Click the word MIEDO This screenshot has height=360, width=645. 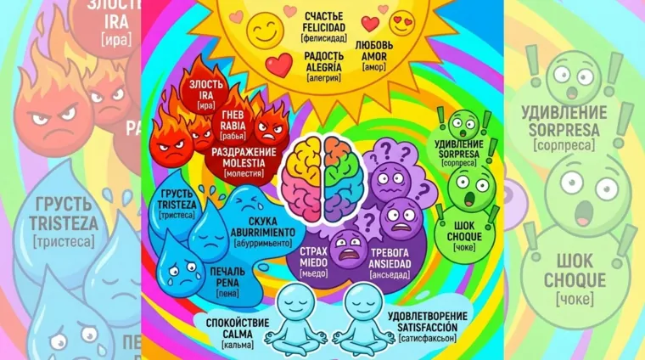tap(313, 262)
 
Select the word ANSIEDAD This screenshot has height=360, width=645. tap(390, 262)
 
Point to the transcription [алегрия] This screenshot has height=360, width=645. tap(323, 77)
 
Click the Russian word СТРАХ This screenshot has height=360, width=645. tap(313, 252)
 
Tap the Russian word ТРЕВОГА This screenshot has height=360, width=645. tap(390, 252)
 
